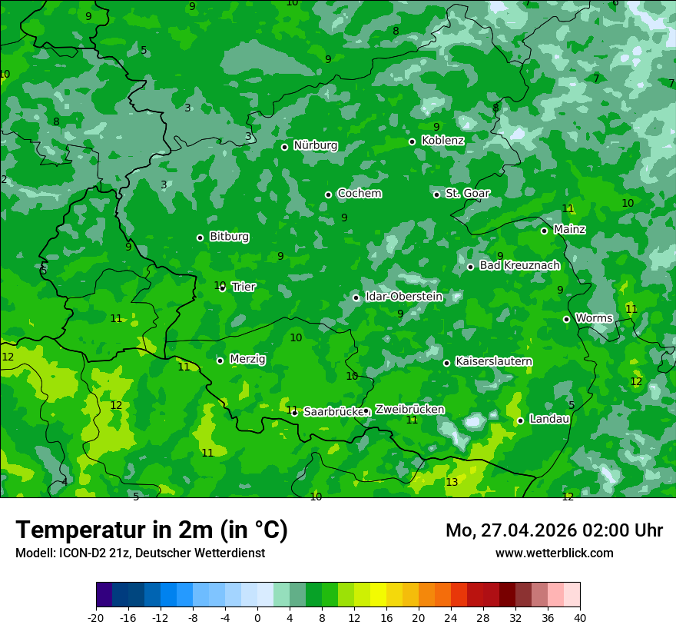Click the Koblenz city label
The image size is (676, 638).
(442, 141)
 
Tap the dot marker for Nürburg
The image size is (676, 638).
(284, 147)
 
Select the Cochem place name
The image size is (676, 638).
(359, 194)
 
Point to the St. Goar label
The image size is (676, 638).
(467, 194)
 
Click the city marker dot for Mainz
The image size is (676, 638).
(544, 231)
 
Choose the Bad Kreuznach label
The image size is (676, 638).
(519, 266)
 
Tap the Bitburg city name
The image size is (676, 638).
(229, 237)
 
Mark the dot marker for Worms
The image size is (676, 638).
(566, 319)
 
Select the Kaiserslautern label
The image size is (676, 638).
(493, 361)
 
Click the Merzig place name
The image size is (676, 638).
(247, 360)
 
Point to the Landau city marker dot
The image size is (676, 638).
(520, 420)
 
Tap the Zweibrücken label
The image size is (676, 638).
(409, 410)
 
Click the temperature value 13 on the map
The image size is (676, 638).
(452, 482)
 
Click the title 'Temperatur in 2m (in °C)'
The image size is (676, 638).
(151, 530)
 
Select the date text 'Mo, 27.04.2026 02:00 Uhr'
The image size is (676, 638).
(554, 530)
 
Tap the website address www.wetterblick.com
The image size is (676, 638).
(554, 553)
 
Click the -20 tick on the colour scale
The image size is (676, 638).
(96, 617)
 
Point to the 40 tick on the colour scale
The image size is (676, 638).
(580, 617)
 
